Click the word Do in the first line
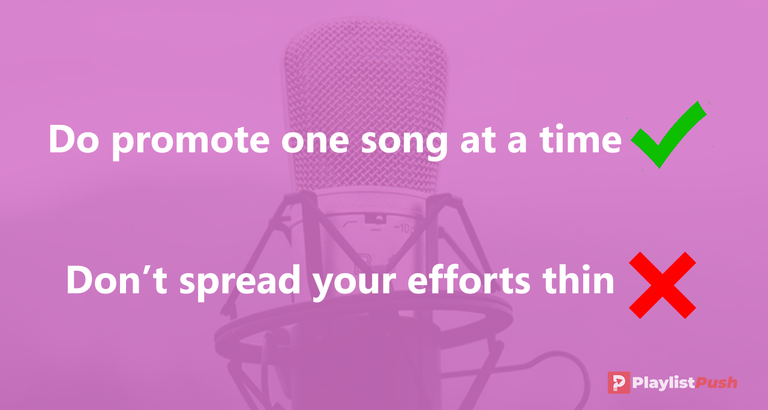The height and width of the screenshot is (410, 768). click(74, 139)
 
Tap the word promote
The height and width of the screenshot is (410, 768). click(191, 141)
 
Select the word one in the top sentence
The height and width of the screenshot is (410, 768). click(315, 141)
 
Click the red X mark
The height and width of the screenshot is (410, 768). click(662, 285)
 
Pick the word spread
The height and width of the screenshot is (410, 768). click(240, 282)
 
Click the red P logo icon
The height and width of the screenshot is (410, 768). click(619, 382)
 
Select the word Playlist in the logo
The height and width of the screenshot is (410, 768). click(664, 383)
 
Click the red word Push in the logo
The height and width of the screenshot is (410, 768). click(716, 382)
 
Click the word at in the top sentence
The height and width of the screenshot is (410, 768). click(478, 140)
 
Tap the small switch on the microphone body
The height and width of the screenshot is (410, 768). click(376, 219)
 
